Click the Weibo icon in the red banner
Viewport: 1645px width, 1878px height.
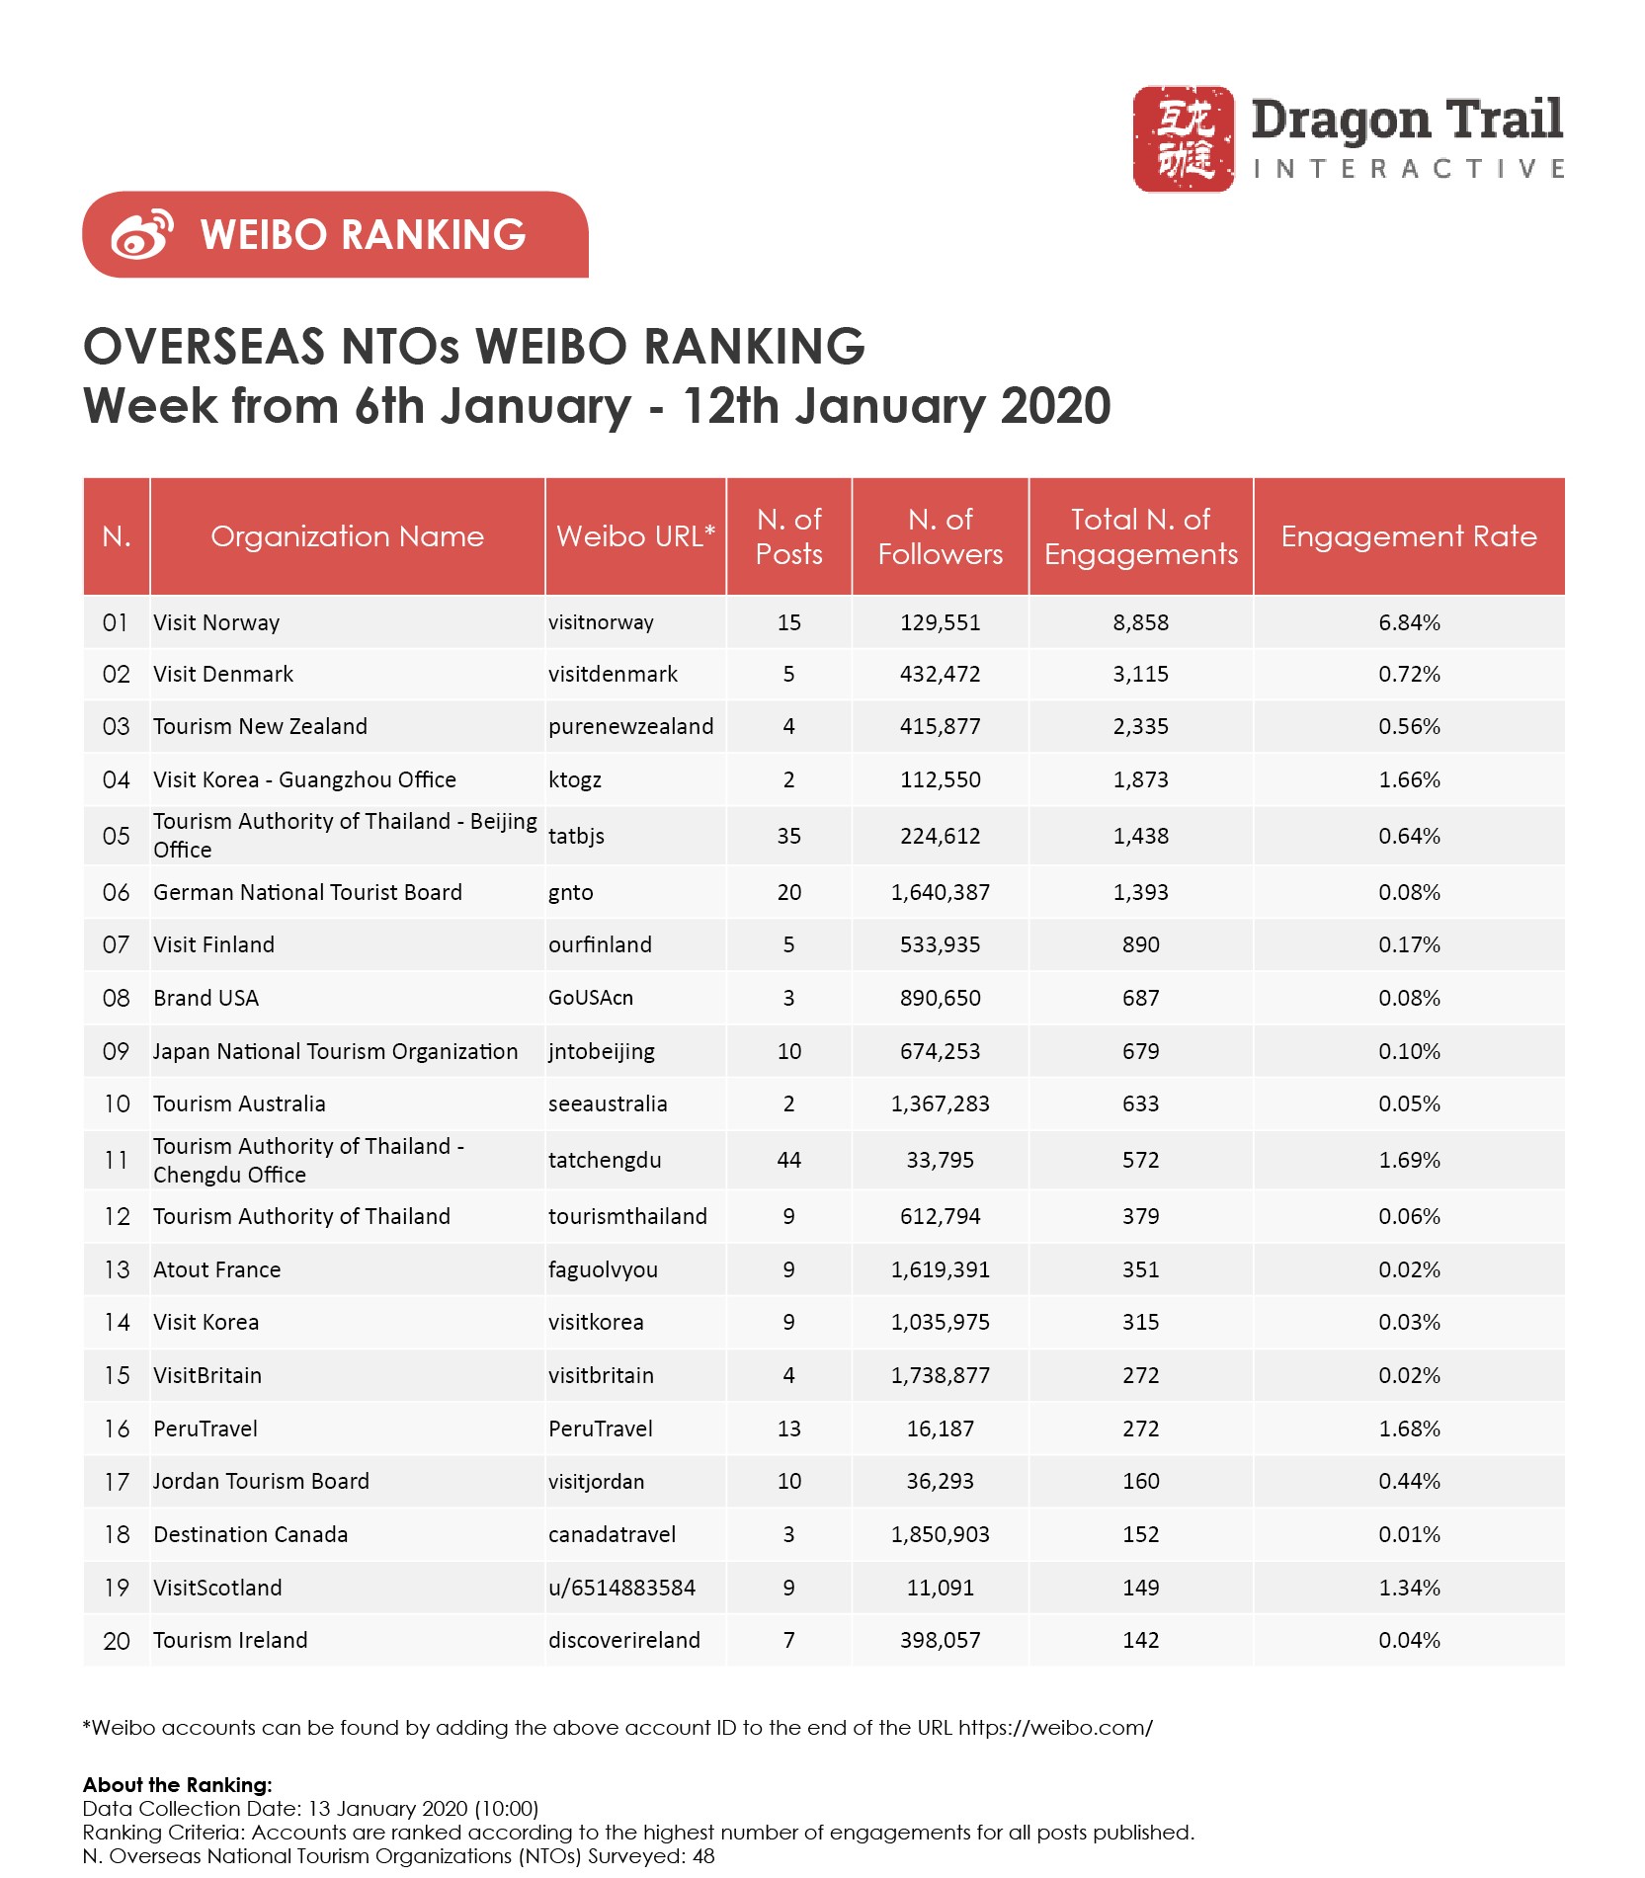142,235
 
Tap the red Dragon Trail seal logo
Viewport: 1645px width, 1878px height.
1183,138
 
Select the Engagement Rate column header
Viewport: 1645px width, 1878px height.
1408,536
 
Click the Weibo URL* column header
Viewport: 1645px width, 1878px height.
635,536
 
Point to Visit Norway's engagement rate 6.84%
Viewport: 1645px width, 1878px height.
1409,622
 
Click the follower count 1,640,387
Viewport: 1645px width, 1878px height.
940,892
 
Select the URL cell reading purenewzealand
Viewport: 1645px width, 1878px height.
630,726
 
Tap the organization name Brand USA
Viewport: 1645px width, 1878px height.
206,998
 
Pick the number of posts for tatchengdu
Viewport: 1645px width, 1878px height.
788,1160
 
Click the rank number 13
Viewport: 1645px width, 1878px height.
117,1269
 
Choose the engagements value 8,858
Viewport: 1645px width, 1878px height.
1140,622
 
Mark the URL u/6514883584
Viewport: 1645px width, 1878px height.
621,1588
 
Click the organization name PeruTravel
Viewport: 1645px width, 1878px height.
205,1429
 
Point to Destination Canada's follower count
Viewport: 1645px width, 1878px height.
940,1534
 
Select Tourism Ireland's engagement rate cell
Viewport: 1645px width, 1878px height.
1409,1640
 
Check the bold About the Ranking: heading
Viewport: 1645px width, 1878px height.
177,1784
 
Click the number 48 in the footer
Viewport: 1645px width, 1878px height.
702,1855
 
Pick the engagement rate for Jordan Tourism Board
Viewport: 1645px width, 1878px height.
1409,1481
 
